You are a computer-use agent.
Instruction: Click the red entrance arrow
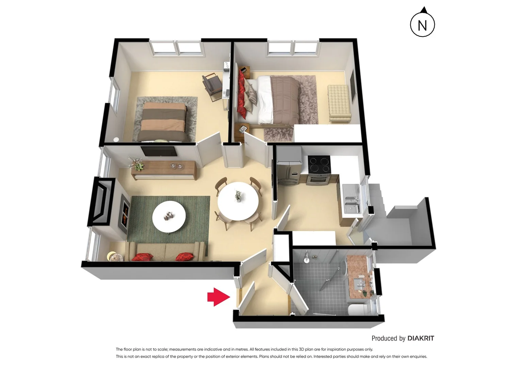coord(218,297)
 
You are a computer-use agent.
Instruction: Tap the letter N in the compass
coord(422,25)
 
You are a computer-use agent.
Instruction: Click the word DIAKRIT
coord(421,338)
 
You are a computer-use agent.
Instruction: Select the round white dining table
coord(238,201)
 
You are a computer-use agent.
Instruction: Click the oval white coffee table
coord(169,217)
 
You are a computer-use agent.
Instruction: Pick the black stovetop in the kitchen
coord(319,164)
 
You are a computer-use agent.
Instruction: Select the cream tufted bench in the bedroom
coord(338,103)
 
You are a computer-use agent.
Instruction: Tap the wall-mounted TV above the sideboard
coord(159,151)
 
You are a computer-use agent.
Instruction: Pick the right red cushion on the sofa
coord(184,256)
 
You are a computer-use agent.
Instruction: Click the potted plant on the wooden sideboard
coord(137,164)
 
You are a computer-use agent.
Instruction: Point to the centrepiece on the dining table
coord(238,196)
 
